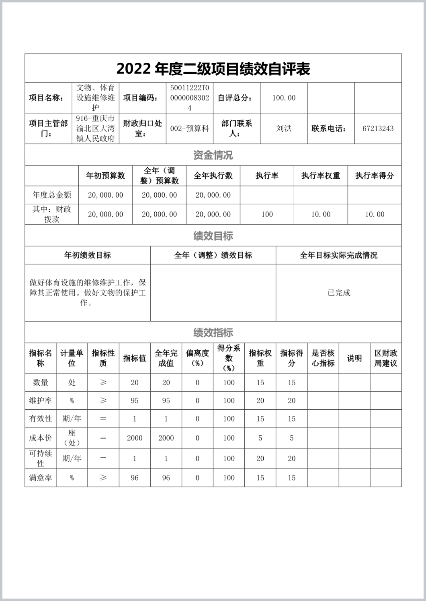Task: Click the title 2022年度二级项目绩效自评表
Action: pos(213,69)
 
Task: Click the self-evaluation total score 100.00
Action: pos(284,98)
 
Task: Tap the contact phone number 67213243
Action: pos(378,129)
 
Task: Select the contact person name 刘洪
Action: pos(284,128)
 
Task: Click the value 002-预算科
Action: pos(190,129)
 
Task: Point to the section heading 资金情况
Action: pos(213,155)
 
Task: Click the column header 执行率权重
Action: pos(321,176)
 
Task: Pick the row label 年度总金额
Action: pos(52,195)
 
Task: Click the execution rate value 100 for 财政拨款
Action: pos(267,214)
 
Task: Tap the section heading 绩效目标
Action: pos(213,236)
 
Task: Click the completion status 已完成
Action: pos(339,293)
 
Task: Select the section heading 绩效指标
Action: pos(213,333)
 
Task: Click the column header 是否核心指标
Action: pos(323,358)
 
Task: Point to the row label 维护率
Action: pos(41,401)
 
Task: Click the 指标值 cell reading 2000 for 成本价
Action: pos(135,438)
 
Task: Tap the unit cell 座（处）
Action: pos(72,438)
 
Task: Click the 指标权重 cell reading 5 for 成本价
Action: pos(260,438)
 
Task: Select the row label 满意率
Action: pos(41,478)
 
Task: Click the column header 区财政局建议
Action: pos(386,358)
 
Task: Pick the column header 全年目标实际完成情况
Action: pos(339,255)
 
